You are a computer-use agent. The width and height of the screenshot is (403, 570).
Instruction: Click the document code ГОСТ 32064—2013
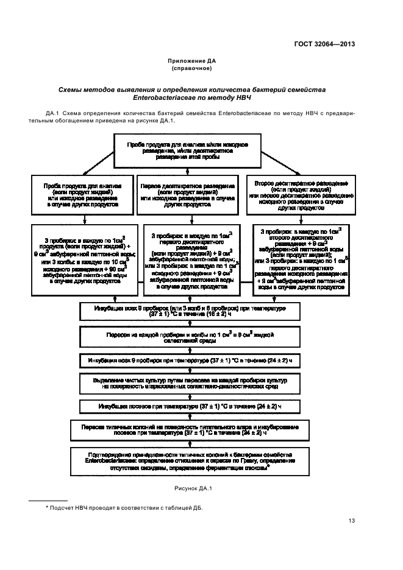324,43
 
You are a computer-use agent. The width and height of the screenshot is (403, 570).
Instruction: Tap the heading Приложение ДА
192,61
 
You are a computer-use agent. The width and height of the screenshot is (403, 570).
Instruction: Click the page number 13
352,519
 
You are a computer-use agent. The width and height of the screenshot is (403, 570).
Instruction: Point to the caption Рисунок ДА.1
192,488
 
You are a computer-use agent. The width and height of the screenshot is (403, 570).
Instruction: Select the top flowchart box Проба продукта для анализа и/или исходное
187,150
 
